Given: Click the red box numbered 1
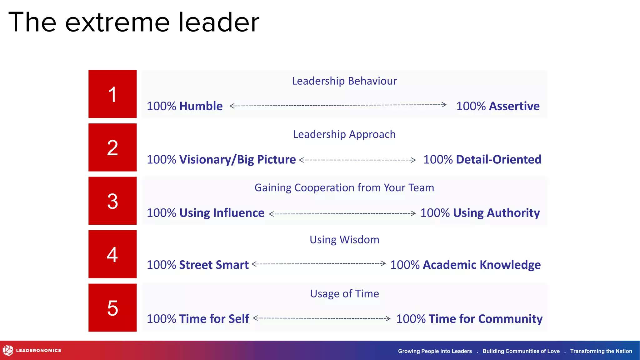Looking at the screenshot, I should tap(112, 94).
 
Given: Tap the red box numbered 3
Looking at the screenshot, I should tap(112, 201).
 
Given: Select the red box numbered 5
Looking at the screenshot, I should tap(112, 307).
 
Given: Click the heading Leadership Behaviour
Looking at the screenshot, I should tap(344, 81).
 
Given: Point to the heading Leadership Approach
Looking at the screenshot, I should tap(344, 134).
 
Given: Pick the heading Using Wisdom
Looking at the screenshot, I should tap(344, 240).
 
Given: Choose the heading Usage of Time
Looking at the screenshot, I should tap(344, 294).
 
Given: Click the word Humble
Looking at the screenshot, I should tap(201, 106).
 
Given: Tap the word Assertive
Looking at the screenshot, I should tap(514, 106).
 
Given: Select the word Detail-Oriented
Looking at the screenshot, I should tap(498, 160).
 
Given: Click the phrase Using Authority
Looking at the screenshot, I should tap(496, 213).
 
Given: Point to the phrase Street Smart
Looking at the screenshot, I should tap(214, 265).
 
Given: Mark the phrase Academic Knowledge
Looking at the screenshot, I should tap(482, 265).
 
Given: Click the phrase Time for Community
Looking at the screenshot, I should tap(485, 319).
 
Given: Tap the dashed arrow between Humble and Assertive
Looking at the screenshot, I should tap(338, 105).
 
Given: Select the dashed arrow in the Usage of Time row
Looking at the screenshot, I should tap(322, 318).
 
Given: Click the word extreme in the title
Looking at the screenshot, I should tap(117, 22).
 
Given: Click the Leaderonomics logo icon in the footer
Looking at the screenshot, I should tap(8, 351).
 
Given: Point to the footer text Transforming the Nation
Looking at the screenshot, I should tap(601, 351).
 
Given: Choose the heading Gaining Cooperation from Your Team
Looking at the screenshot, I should tap(344, 188).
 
